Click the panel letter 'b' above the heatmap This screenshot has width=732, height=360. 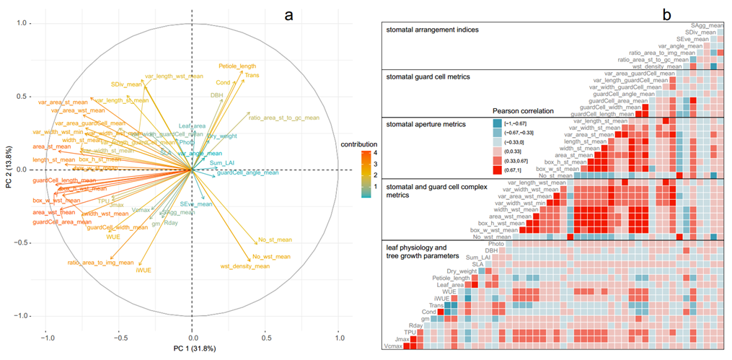click(x=666, y=12)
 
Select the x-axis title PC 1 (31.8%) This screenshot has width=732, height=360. click(x=192, y=349)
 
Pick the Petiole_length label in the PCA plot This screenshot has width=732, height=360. click(x=237, y=66)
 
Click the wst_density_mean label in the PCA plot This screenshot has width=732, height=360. click(x=245, y=266)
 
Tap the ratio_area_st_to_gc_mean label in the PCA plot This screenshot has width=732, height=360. click(x=284, y=117)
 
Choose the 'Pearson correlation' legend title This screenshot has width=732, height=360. click(x=528, y=111)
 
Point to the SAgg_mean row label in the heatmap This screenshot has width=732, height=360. click(x=704, y=25)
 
